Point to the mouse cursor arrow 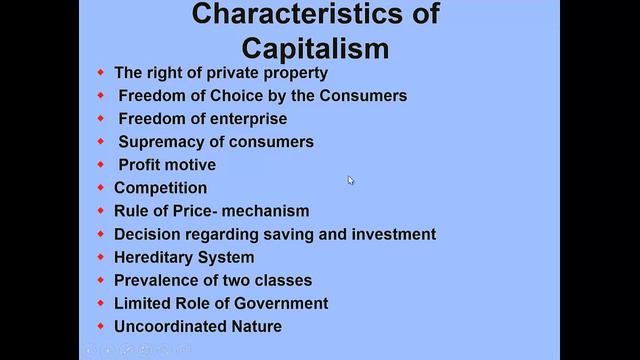click(x=350, y=180)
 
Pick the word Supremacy click(x=163, y=141)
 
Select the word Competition click(x=161, y=187)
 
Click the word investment click(x=392, y=234)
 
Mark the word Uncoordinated click(x=169, y=326)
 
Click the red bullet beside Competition click(x=100, y=187)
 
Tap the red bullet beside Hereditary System click(x=100, y=257)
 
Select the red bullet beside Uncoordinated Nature click(x=100, y=326)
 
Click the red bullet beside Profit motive click(x=100, y=164)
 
